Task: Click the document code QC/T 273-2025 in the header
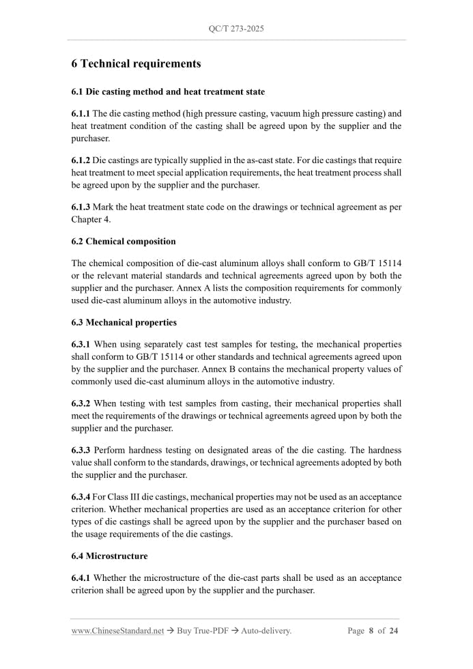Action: coord(236,29)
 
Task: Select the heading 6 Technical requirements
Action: coord(136,63)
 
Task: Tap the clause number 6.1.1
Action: coord(81,113)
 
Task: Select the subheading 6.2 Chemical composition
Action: coord(124,241)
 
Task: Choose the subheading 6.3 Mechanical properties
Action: coord(124,322)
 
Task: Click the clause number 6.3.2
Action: coord(81,403)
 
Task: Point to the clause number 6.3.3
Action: coord(81,451)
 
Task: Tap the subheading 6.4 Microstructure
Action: coord(109,556)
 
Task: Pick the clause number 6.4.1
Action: coord(81,578)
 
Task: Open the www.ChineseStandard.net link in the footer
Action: coord(117,631)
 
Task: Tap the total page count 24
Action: coord(394,631)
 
